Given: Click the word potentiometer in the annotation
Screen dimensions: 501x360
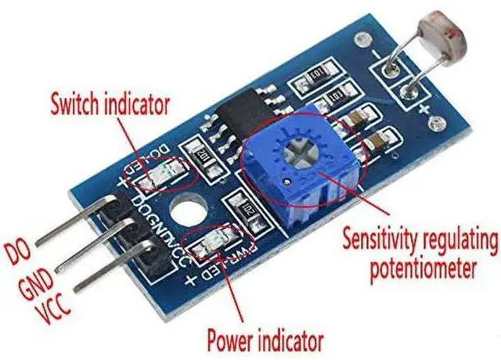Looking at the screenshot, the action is (423, 269).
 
